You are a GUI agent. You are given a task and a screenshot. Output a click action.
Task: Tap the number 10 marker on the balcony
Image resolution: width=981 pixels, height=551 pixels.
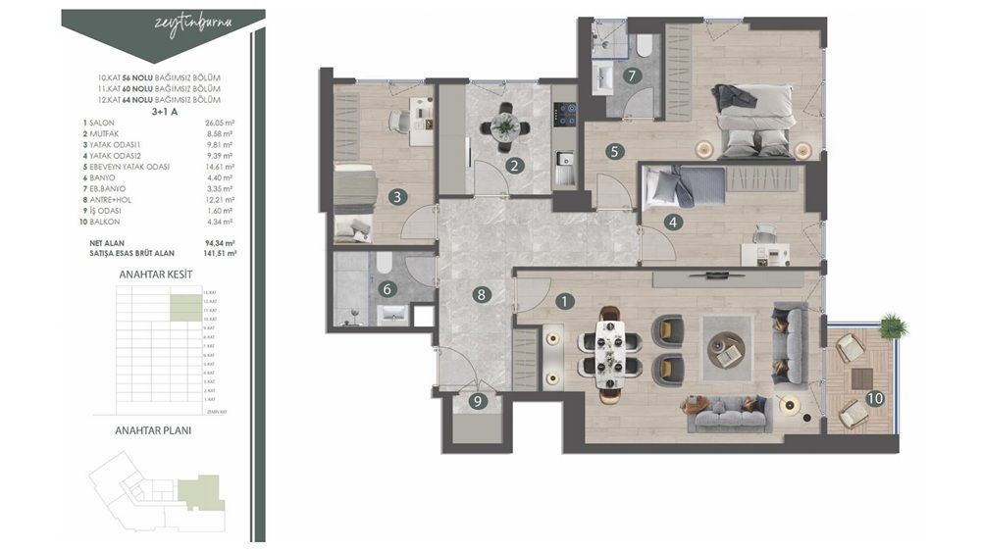tap(874, 398)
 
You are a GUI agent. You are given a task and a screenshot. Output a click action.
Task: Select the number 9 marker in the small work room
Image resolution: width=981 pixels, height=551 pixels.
tap(479, 400)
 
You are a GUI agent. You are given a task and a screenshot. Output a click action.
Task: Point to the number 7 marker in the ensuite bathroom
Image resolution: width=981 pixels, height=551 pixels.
tap(633, 75)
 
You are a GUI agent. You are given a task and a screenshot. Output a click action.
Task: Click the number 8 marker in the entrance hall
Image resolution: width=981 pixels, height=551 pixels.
tap(480, 293)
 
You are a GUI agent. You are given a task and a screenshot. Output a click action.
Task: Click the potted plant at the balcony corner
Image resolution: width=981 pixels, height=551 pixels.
tap(894, 326)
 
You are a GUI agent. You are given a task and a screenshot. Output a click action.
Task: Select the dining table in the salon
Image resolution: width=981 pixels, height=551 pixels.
tap(609, 353)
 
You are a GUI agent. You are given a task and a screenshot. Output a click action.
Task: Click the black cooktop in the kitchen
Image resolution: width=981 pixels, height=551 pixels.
tap(565, 114)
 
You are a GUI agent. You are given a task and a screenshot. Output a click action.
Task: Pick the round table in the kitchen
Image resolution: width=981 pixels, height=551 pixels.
tap(504, 125)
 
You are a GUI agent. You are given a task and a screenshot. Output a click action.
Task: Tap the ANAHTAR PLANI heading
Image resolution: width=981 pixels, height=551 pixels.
tap(153, 429)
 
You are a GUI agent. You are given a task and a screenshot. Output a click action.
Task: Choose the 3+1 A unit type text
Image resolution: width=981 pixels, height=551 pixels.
tap(159, 111)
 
